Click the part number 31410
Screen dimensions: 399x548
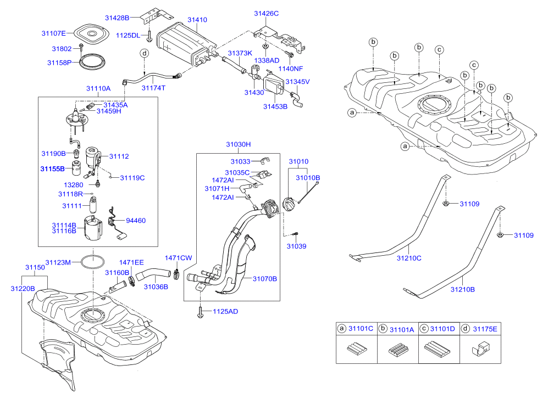(x=197, y=20)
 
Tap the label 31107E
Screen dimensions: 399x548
(x=53, y=33)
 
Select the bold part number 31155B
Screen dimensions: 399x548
(x=52, y=169)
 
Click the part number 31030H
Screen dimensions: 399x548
(x=238, y=144)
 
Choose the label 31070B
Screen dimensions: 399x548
(x=265, y=279)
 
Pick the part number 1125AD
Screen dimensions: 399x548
(x=225, y=312)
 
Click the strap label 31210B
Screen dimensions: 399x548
(x=462, y=289)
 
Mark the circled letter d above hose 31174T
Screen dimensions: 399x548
(x=145, y=53)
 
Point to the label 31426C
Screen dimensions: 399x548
(x=267, y=13)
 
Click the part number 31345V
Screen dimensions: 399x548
(x=298, y=82)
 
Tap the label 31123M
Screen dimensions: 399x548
(x=58, y=262)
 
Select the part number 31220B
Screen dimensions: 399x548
(x=23, y=288)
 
